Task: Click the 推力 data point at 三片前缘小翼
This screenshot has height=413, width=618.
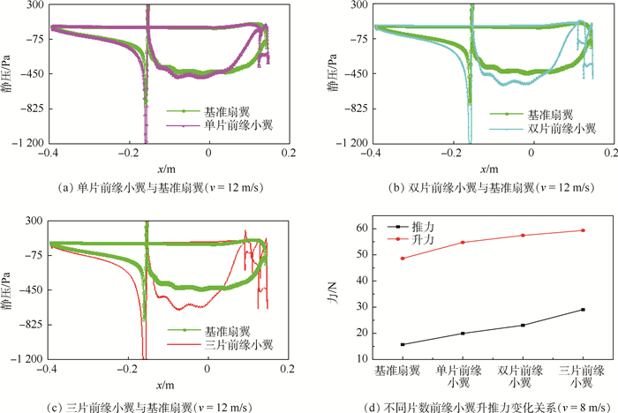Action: [x=583, y=309]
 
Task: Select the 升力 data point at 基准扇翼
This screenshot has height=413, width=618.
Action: [x=403, y=258]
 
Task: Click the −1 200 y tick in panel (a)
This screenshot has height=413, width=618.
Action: [x=27, y=143]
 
